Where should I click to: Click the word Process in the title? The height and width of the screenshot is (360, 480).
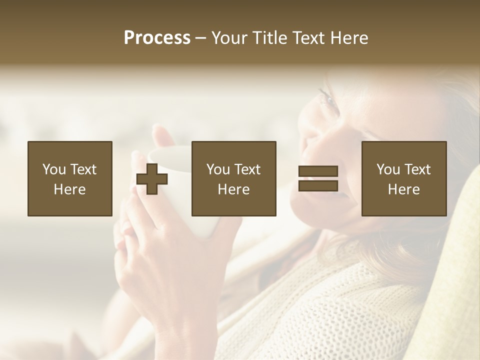tap(157, 38)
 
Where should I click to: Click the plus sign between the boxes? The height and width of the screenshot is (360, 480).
tap(152, 179)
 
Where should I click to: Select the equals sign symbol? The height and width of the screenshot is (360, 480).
tap(318, 178)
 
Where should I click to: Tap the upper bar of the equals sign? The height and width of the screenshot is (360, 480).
tap(318, 171)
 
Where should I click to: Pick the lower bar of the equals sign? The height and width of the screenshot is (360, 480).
tap(318, 186)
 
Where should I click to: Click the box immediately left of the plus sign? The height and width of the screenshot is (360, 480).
tap(69, 178)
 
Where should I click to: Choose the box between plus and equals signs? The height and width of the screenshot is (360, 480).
tap(233, 178)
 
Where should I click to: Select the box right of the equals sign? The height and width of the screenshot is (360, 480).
tap(403, 178)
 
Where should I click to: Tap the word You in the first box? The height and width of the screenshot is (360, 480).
tap(54, 169)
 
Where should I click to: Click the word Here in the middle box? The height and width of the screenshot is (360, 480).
tap(233, 189)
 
